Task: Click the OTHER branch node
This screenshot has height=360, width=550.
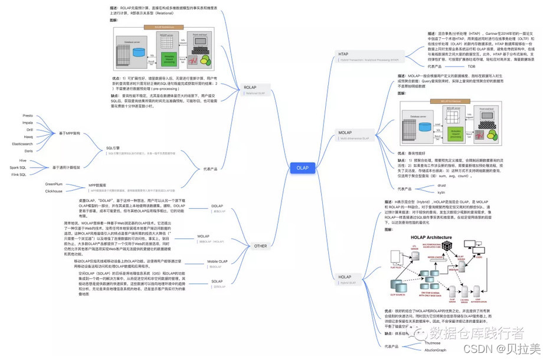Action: [x=260, y=246]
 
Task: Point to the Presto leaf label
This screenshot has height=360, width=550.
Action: [x=27, y=116]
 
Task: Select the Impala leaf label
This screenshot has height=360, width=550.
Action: [x=27, y=123]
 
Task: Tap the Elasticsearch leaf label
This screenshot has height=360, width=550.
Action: [x=22, y=143]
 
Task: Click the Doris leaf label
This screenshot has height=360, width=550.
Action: [x=28, y=150]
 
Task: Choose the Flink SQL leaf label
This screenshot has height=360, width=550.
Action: [x=19, y=175]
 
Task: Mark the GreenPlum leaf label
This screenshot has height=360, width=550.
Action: [x=54, y=184]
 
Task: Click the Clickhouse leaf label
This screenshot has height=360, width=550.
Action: [x=54, y=191]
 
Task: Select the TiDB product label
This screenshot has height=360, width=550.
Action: [x=454, y=67]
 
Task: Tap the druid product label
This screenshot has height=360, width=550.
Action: [x=441, y=185]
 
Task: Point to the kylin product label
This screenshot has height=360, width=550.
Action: [x=440, y=192]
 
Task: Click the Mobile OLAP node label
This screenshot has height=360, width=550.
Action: [x=218, y=261]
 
